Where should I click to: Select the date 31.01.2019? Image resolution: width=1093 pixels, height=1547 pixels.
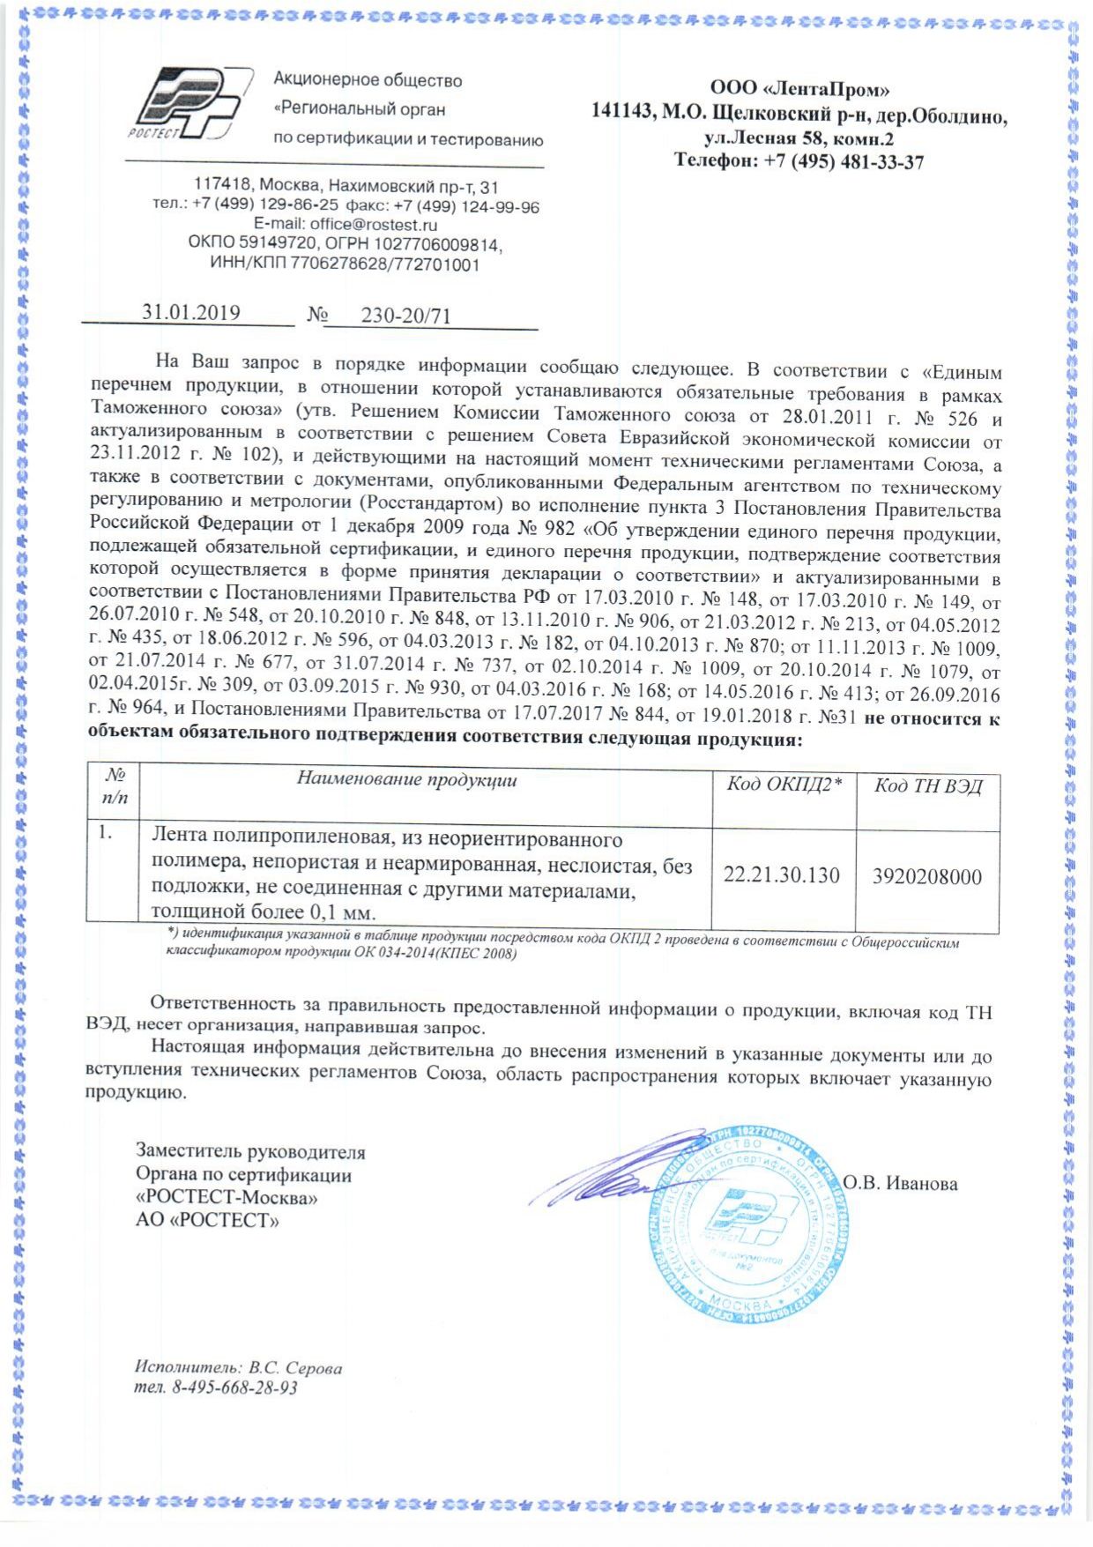[x=191, y=312]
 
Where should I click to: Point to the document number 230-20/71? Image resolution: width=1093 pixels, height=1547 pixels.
[x=405, y=316]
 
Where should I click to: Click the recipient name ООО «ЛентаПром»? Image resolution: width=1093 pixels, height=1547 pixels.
[x=799, y=89]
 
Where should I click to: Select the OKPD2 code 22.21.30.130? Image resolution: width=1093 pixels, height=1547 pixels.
[x=781, y=875]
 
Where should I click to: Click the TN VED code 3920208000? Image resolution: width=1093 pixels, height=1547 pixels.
[x=926, y=876]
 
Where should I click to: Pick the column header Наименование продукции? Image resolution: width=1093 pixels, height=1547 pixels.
[x=406, y=779]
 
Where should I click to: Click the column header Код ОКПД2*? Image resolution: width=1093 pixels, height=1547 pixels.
[x=784, y=785]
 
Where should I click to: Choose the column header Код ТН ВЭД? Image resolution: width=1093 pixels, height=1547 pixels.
[x=927, y=786]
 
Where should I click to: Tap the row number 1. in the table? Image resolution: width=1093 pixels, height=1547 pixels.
[x=106, y=832]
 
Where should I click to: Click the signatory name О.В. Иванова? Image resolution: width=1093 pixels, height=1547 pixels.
[x=900, y=1183]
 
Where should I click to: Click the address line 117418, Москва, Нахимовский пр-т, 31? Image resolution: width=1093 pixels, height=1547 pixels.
[x=346, y=187]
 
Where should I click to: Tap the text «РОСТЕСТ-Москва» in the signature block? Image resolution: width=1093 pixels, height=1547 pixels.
[x=227, y=1198]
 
